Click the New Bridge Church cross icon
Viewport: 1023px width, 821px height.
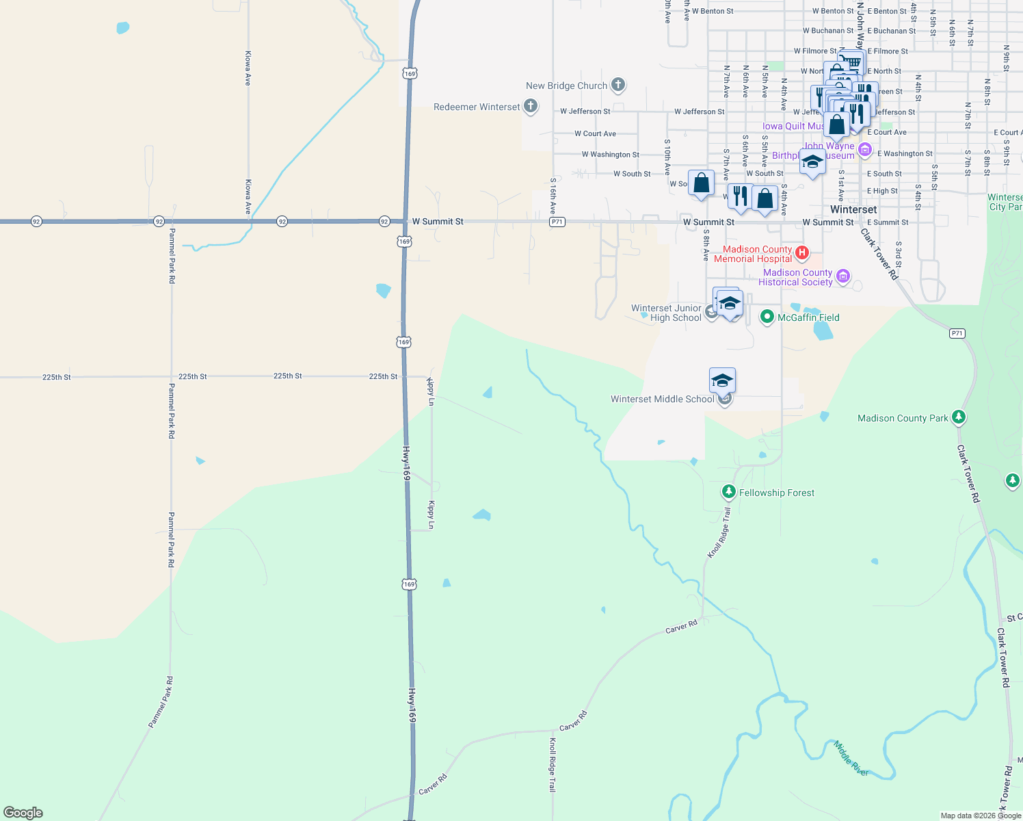[618, 85]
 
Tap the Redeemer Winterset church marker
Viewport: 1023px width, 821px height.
[531, 106]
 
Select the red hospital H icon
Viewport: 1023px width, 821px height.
[802, 253]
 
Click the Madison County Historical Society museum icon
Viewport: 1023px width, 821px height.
[843, 276]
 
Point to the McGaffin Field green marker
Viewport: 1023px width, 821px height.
[767, 317]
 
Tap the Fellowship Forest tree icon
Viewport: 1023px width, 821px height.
[729, 492]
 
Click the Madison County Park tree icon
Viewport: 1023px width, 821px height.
[959, 417]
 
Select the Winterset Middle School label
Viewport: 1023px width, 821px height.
[662, 399]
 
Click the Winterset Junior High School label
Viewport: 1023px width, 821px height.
[667, 313]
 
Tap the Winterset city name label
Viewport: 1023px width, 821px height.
[853, 209]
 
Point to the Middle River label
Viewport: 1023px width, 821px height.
[851, 758]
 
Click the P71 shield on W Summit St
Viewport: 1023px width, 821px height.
[557, 222]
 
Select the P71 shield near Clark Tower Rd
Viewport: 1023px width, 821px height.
[957, 333]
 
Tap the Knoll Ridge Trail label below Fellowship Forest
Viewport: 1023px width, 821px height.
[719, 532]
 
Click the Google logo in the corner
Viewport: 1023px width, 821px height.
[23, 813]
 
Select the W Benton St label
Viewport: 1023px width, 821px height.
[713, 11]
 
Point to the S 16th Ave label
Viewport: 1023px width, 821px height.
[553, 196]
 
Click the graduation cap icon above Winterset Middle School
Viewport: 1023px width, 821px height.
[722, 380]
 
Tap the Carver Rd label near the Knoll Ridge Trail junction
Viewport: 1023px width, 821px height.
[681, 627]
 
